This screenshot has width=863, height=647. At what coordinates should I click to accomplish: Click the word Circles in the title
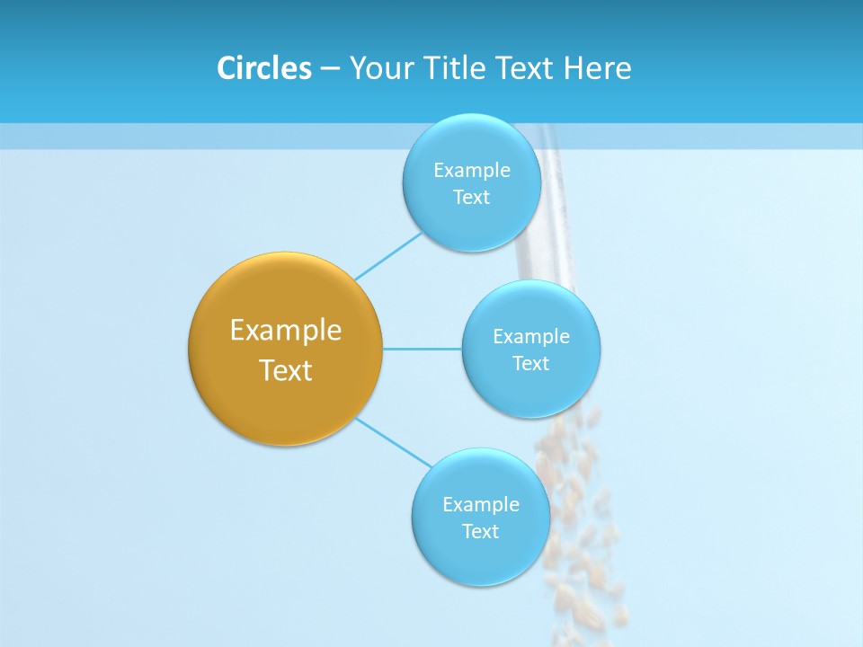point(263,68)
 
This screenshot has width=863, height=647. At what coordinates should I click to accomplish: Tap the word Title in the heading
point(457,68)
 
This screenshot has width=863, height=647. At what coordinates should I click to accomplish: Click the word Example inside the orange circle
point(285,330)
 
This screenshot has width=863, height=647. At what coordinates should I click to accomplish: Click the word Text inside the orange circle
point(285,370)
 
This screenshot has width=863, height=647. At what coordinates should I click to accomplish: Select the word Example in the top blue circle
point(471,170)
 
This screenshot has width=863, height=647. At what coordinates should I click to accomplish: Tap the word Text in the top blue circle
point(471,197)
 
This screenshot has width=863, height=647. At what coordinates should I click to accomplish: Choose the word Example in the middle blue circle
point(530,336)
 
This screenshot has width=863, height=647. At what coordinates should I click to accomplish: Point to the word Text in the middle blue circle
point(530,363)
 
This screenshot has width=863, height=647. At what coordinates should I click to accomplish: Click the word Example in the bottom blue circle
point(480,504)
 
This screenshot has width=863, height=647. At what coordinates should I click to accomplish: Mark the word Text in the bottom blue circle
point(480,531)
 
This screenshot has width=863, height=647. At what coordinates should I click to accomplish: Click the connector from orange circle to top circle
point(388,255)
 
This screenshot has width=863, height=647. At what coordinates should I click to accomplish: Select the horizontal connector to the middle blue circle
point(423,348)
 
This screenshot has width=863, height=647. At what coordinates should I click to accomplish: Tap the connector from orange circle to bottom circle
point(394,442)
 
